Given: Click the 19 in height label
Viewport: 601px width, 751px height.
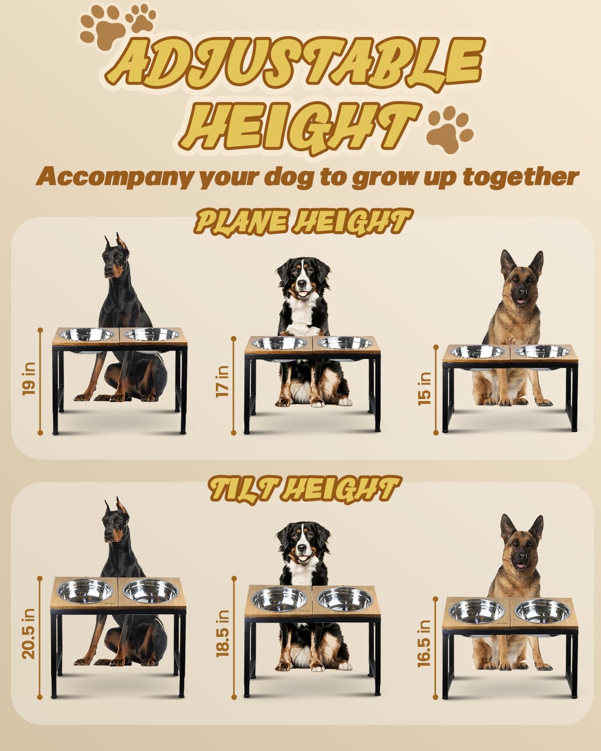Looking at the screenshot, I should point(29,382).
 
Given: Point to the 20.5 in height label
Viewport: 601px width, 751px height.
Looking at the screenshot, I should point(29,633).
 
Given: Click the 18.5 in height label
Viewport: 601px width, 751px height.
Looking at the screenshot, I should point(222,633).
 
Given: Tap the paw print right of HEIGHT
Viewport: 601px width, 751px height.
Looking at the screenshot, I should point(449,128).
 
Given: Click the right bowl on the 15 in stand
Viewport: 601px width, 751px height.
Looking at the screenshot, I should point(542,351).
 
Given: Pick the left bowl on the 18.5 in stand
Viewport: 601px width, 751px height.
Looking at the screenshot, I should point(279,599).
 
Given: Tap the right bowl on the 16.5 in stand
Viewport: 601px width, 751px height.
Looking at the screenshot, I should point(542,611).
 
